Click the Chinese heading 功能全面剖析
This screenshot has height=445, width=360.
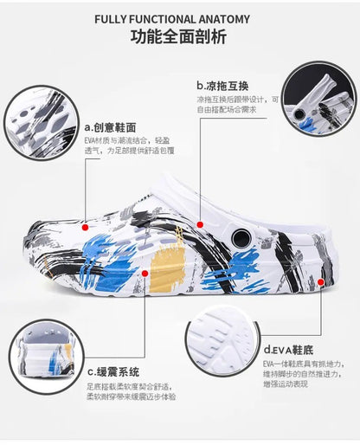[x=179, y=37]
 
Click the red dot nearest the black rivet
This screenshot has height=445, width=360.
[x=201, y=224]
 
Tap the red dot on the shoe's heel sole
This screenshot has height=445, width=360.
[x=321, y=281]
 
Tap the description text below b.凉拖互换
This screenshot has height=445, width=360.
[x=237, y=105]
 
